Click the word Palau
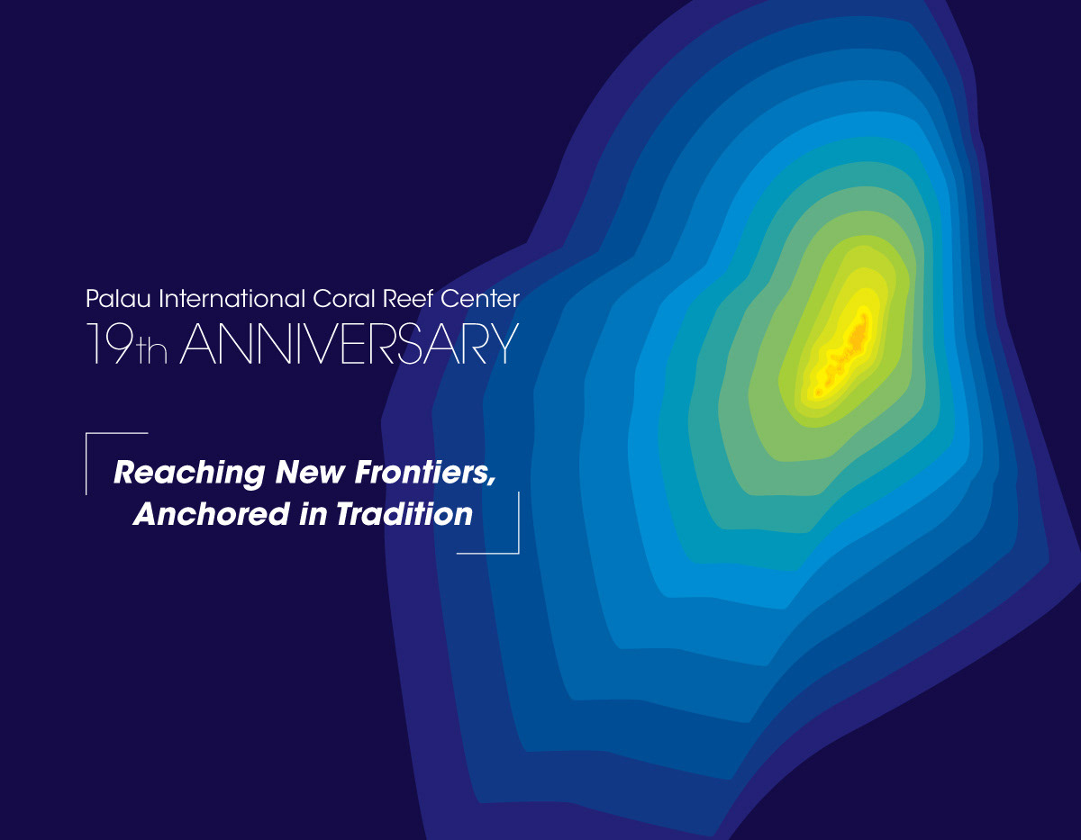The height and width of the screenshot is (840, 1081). pyautogui.click(x=118, y=299)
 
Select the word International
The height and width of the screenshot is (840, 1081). pyautogui.click(x=232, y=299)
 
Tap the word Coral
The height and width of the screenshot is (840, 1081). pyautogui.click(x=344, y=299)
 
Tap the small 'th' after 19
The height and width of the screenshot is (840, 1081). pyautogui.click(x=152, y=350)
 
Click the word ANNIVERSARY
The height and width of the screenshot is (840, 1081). pyautogui.click(x=350, y=343)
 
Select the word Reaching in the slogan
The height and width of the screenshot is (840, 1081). pyautogui.click(x=189, y=473)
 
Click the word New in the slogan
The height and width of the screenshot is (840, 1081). pyautogui.click(x=310, y=472)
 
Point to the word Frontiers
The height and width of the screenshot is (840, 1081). pyautogui.click(x=422, y=472)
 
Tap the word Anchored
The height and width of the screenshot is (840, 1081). pyautogui.click(x=212, y=514)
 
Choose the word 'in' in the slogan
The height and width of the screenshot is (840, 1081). pyautogui.click(x=313, y=514)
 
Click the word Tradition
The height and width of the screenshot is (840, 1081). pyautogui.click(x=404, y=514)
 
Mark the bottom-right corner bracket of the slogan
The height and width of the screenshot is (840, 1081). pyautogui.click(x=518, y=553)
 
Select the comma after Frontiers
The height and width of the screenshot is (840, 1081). pyautogui.click(x=492, y=480)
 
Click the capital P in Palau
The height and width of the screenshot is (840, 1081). pyautogui.click(x=92, y=299)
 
